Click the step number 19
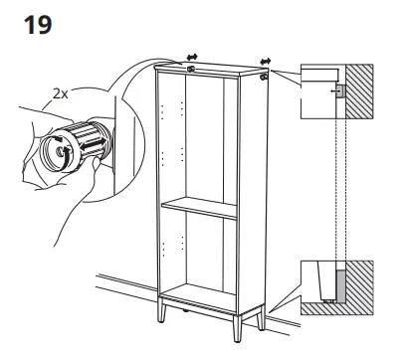click(x=38, y=25)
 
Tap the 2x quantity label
click(x=61, y=94)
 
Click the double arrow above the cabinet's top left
click(x=192, y=57)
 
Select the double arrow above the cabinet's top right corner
click(x=266, y=62)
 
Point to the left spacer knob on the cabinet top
click(x=191, y=69)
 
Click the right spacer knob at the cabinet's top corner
click(x=264, y=77)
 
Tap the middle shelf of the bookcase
click(x=199, y=208)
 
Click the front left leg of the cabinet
click(x=161, y=310)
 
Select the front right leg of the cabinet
click(x=238, y=328)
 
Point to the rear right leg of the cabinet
click(x=262, y=317)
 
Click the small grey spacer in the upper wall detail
click(x=341, y=90)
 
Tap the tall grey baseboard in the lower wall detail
click(x=341, y=285)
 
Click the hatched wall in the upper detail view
click(x=359, y=91)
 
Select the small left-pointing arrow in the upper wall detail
click(x=334, y=90)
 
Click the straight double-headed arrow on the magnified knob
click(x=94, y=143)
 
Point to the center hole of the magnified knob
click(x=61, y=151)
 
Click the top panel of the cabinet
click(x=211, y=69)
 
